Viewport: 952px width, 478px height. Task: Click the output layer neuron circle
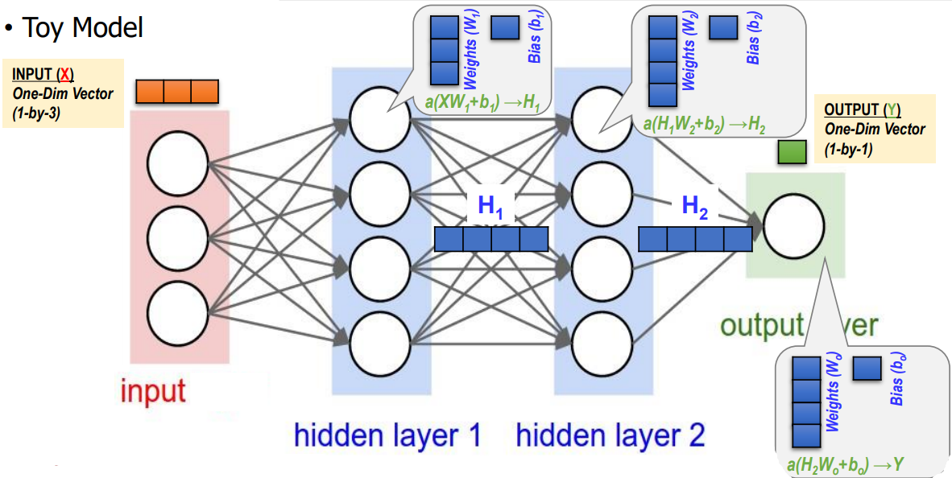click(x=794, y=226)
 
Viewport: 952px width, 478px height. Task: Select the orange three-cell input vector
click(x=177, y=92)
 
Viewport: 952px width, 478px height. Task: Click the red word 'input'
click(x=153, y=392)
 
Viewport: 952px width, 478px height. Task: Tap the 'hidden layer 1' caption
click(x=387, y=435)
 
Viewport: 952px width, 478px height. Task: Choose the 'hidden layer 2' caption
click(x=611, y=435)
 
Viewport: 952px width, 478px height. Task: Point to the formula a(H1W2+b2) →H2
click(x=704, y=125)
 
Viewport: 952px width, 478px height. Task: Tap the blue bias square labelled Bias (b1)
click(x=504, y=28)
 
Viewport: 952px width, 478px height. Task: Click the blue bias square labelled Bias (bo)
click(x=866, y=369)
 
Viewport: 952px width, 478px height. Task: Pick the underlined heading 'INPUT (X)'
click(x=43, y=74)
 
